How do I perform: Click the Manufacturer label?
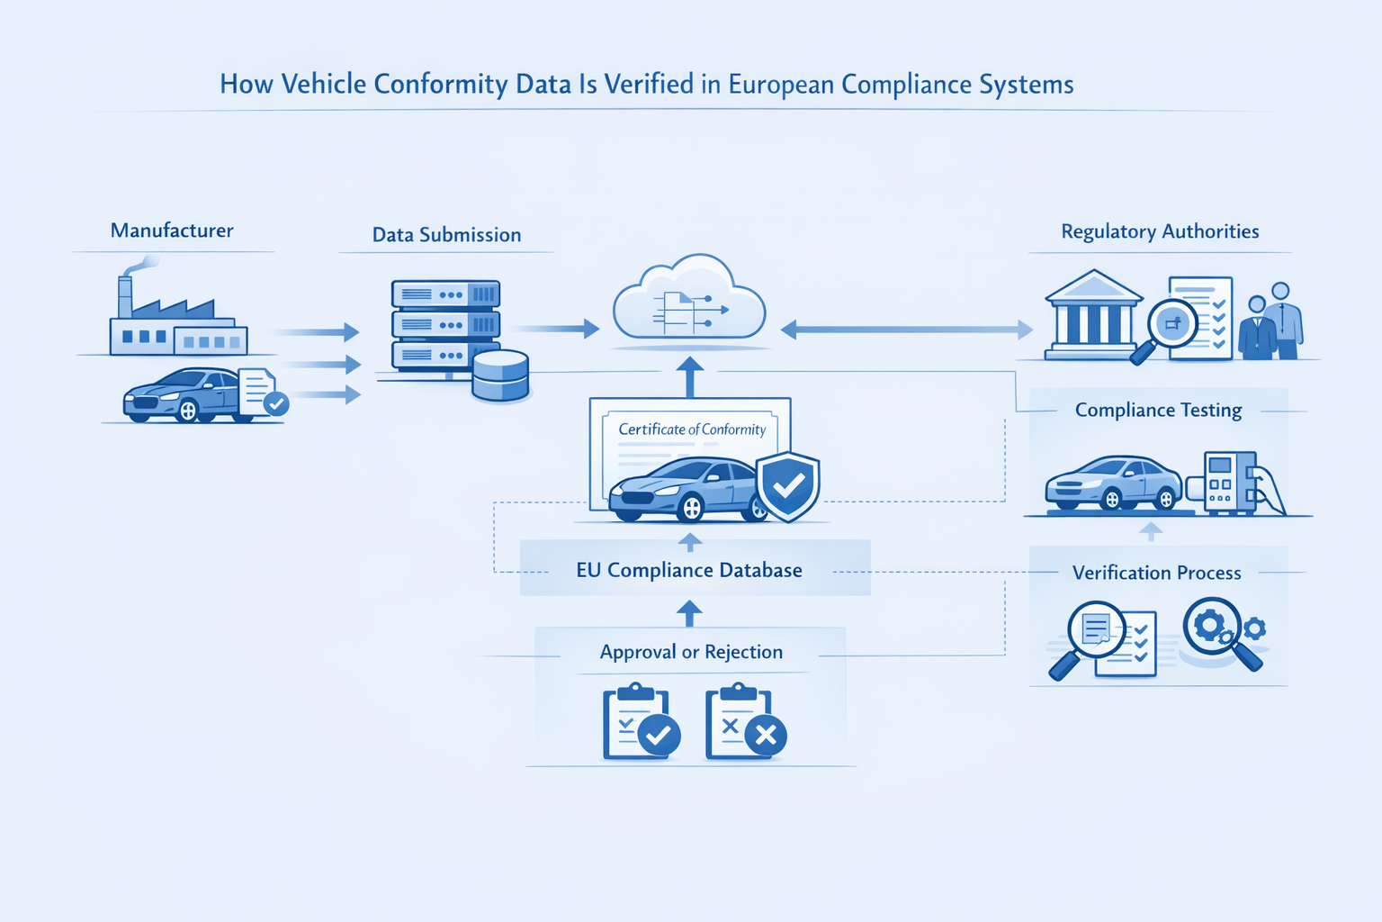click(172, 230)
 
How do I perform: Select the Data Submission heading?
click(446, 235)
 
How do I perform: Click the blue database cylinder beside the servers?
click(500, 375)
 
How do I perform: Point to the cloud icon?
click(689, 302)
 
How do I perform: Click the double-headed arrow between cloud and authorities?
click(906, 330)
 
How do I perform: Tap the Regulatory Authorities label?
click(1160, 231)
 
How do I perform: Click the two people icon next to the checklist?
click(1270, 322)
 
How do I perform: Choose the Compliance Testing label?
click(1158, 411)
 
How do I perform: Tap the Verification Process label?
click(1156, 573)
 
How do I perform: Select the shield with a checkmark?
click(788, 486)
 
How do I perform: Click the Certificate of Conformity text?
click(692, 429)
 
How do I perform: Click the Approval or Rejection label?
click(691, 652)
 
